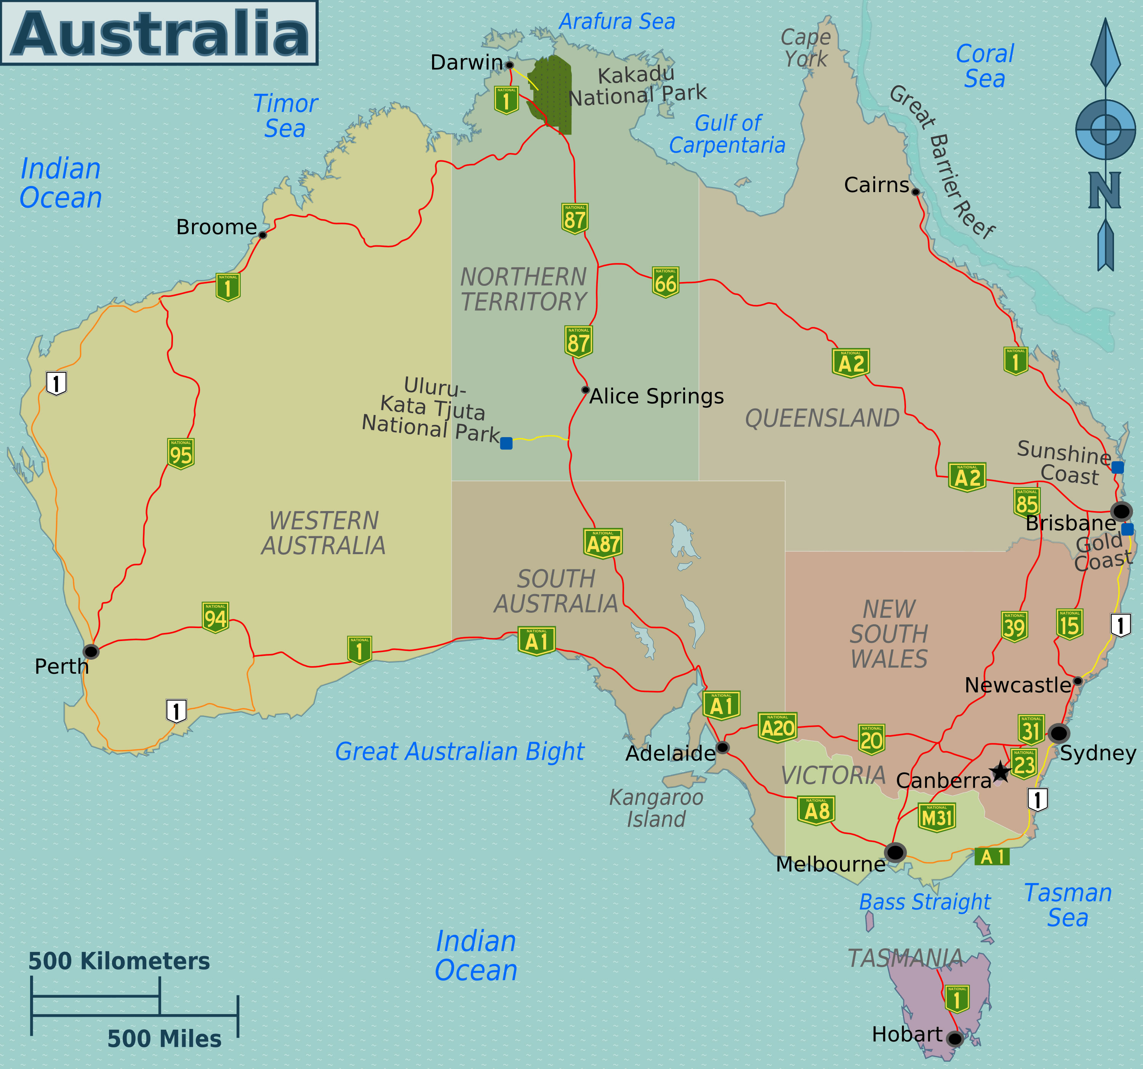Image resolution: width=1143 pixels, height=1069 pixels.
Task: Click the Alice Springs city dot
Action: click(585, 390)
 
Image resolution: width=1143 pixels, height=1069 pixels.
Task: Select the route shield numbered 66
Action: click(665, 282)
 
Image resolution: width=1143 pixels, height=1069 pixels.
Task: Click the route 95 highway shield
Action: click(181, 454)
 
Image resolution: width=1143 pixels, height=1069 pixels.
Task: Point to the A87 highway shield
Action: click(602, 543)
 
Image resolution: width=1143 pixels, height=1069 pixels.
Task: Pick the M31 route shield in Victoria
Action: click(936, 817)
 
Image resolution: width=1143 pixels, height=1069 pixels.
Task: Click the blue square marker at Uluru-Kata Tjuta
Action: click(506, 443)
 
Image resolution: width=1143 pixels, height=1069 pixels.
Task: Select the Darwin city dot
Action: click(509, 65)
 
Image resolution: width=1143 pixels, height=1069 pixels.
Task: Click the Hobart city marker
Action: click(954, 1039)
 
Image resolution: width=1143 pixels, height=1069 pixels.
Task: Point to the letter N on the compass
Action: click(1105, 190)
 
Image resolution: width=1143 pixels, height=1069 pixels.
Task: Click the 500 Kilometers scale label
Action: click(119, 961)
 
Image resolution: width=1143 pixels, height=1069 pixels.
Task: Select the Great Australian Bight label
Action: click(459, 752)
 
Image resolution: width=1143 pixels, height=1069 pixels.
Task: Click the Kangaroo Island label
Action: click(656, 808)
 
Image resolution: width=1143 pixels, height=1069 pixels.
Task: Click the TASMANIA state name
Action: click(905, 958)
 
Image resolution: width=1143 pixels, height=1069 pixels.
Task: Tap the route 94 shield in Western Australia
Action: click(216, 618)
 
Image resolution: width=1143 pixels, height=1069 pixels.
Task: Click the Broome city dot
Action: click(263, 235)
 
